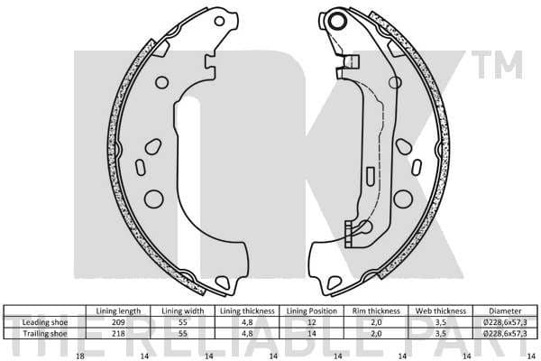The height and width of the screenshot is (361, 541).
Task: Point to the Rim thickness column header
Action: pos(375,310)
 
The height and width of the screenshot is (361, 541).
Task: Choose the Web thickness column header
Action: pos(439,310)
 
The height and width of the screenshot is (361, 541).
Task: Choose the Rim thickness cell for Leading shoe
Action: pos(375,322)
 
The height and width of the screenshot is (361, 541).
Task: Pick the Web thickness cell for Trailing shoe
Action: pos(439,333)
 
